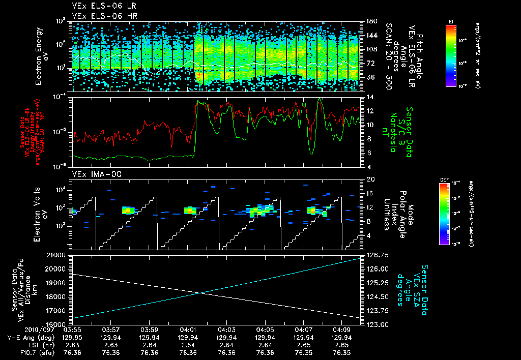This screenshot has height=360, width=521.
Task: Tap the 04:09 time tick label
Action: point(341,329)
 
